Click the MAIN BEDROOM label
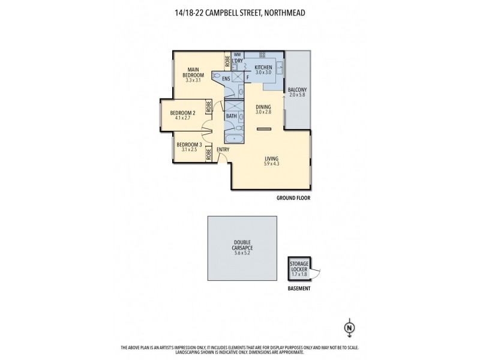194,72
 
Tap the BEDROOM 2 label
182,112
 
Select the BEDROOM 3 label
188,144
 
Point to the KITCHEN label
263,67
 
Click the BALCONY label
297,90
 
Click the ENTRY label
223,149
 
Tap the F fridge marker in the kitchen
248,77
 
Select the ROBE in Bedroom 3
208,152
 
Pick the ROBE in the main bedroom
227,61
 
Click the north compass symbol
349,328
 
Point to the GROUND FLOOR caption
293,197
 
